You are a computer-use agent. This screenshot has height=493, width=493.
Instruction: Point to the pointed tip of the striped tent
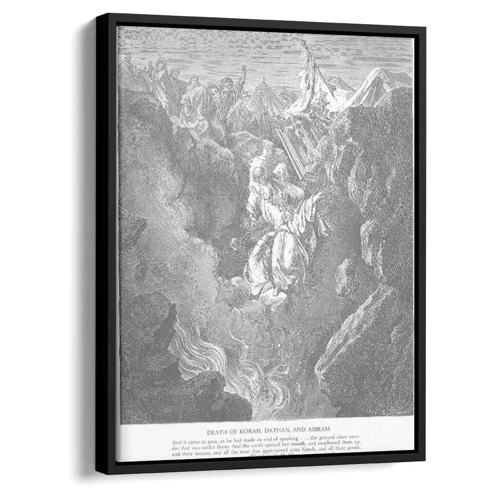[x=264, y=79]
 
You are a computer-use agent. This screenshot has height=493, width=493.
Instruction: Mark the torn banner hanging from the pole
[x=311, y=84]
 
